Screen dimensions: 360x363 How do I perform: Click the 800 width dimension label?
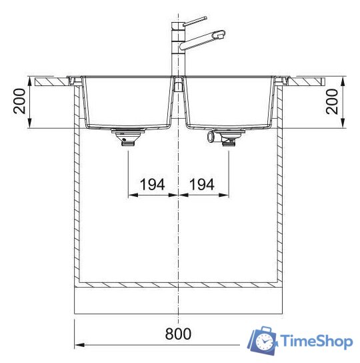(x=178, y=334)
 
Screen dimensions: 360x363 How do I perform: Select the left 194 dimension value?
(x=152, y=185)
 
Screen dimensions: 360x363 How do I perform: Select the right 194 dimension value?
(x=202, y=185)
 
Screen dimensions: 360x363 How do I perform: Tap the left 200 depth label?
(x=19, y=101)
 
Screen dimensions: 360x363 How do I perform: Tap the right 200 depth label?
(x=332, y=101)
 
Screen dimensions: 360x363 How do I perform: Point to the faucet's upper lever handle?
(x=195, y=21)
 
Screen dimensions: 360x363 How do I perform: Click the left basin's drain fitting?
(x=128, y=137)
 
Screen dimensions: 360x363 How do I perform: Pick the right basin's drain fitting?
(x=229, y=138)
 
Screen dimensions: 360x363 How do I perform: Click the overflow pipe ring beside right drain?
(x=211, y=136)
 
